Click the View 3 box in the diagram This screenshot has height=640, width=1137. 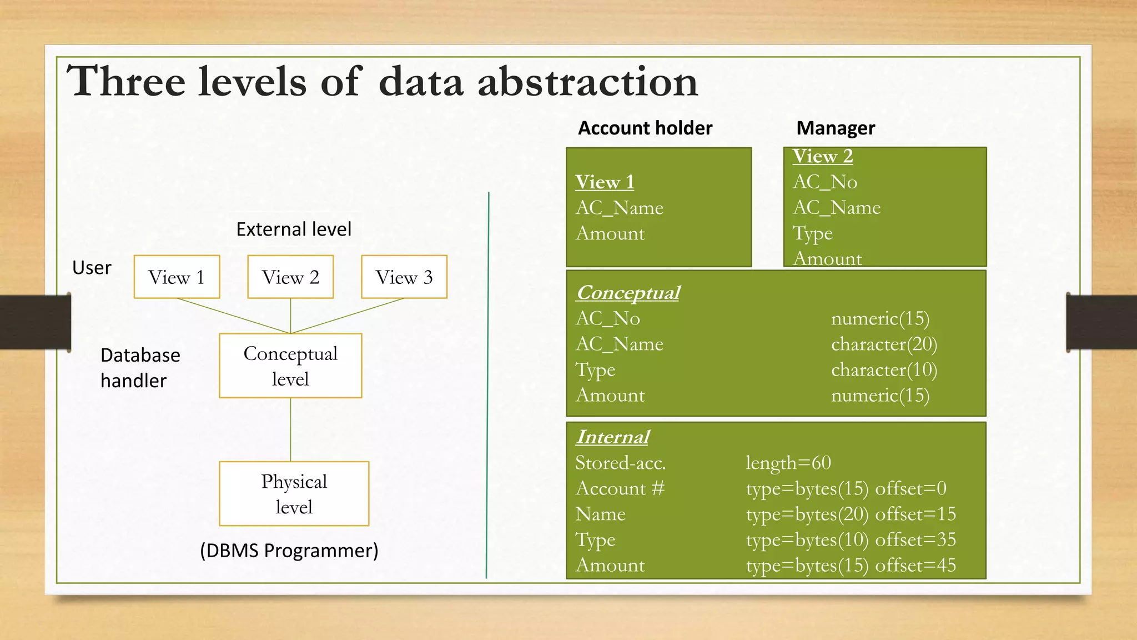point(404,277)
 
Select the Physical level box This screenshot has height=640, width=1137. point(294,494)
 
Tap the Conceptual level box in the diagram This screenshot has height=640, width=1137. point(290,366)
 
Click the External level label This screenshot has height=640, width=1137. point(294,229)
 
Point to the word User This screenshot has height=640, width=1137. point(92,268)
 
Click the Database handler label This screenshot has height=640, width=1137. point(140,367)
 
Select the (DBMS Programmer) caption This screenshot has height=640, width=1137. point(289,551)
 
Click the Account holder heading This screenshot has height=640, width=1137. point(645,128)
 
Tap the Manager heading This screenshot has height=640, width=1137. point(836,128)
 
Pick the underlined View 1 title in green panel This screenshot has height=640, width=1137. point(605,182)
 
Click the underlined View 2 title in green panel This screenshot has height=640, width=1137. point(822,157)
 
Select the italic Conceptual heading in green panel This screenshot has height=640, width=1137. point(628,293)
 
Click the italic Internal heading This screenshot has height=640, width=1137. point(612,437)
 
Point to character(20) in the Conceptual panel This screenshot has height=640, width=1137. point(884,344)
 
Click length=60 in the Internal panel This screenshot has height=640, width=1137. point(788,463)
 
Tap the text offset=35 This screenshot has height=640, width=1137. point(915,539)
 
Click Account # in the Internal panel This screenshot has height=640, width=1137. point(620,488)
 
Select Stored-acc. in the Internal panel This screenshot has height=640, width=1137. point(620,463)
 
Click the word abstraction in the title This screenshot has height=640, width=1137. point(587,82)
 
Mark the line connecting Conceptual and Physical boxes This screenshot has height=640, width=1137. point(290,429)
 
